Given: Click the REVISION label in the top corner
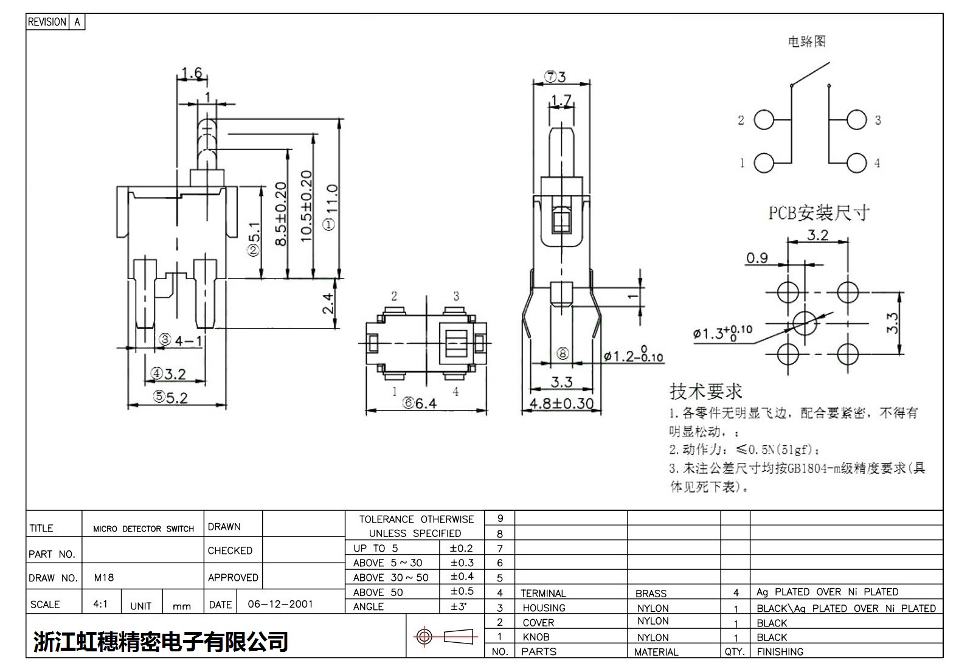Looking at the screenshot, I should pos(47,22).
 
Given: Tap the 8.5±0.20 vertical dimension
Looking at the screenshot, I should pos(280,213).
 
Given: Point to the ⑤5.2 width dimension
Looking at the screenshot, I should pos(170,397).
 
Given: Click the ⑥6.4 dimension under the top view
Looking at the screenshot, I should pos(420,403).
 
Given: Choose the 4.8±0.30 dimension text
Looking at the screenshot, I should pos(561,403).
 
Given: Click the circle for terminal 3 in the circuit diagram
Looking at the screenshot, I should pos(856,120).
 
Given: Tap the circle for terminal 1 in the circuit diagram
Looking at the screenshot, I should pos(764,162).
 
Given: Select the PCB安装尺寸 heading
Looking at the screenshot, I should pos(818,213).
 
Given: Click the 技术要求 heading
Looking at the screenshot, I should pos(706,391).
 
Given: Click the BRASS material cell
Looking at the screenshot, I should pos(651,593).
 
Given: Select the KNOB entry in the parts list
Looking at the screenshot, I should pos(536,637).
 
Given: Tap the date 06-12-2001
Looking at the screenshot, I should pos(280,604).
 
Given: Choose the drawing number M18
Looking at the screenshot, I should pos(104,577).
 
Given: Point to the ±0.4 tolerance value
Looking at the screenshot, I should pos(462,577).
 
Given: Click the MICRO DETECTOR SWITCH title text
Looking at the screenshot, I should pos(144,529).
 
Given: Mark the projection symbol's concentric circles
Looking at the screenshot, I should pos(424,637).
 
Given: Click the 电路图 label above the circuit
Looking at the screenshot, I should pos(806,41).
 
